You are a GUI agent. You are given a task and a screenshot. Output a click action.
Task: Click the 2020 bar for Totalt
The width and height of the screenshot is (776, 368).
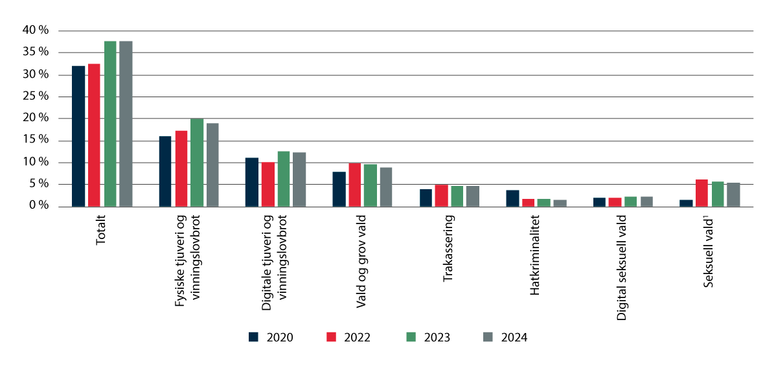click(78, 136)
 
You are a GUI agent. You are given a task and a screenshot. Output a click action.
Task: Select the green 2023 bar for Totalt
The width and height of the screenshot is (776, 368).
click(110, 124)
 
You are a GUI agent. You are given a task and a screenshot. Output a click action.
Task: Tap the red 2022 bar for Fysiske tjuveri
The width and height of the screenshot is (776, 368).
click(181, 168)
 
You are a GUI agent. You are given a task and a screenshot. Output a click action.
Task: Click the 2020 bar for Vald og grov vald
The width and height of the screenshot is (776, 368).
click(339, 189)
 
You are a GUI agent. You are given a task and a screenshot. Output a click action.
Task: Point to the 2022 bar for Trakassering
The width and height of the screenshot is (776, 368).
click(442, 196)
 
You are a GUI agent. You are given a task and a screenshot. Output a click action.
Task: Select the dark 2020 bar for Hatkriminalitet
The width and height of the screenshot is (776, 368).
click(512, 198)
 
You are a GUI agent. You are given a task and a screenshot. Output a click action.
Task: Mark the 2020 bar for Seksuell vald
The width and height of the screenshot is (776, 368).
click(686, 203)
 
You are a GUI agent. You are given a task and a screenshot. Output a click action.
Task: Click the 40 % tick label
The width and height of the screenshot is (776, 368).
click(35, 30)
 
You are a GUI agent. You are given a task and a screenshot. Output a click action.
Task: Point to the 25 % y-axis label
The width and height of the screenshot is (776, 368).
click(35, 97)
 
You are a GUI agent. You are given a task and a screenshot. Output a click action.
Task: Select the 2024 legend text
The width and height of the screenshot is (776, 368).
click(514, 337)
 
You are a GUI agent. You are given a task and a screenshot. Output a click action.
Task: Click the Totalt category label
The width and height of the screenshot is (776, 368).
click(101, 231)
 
